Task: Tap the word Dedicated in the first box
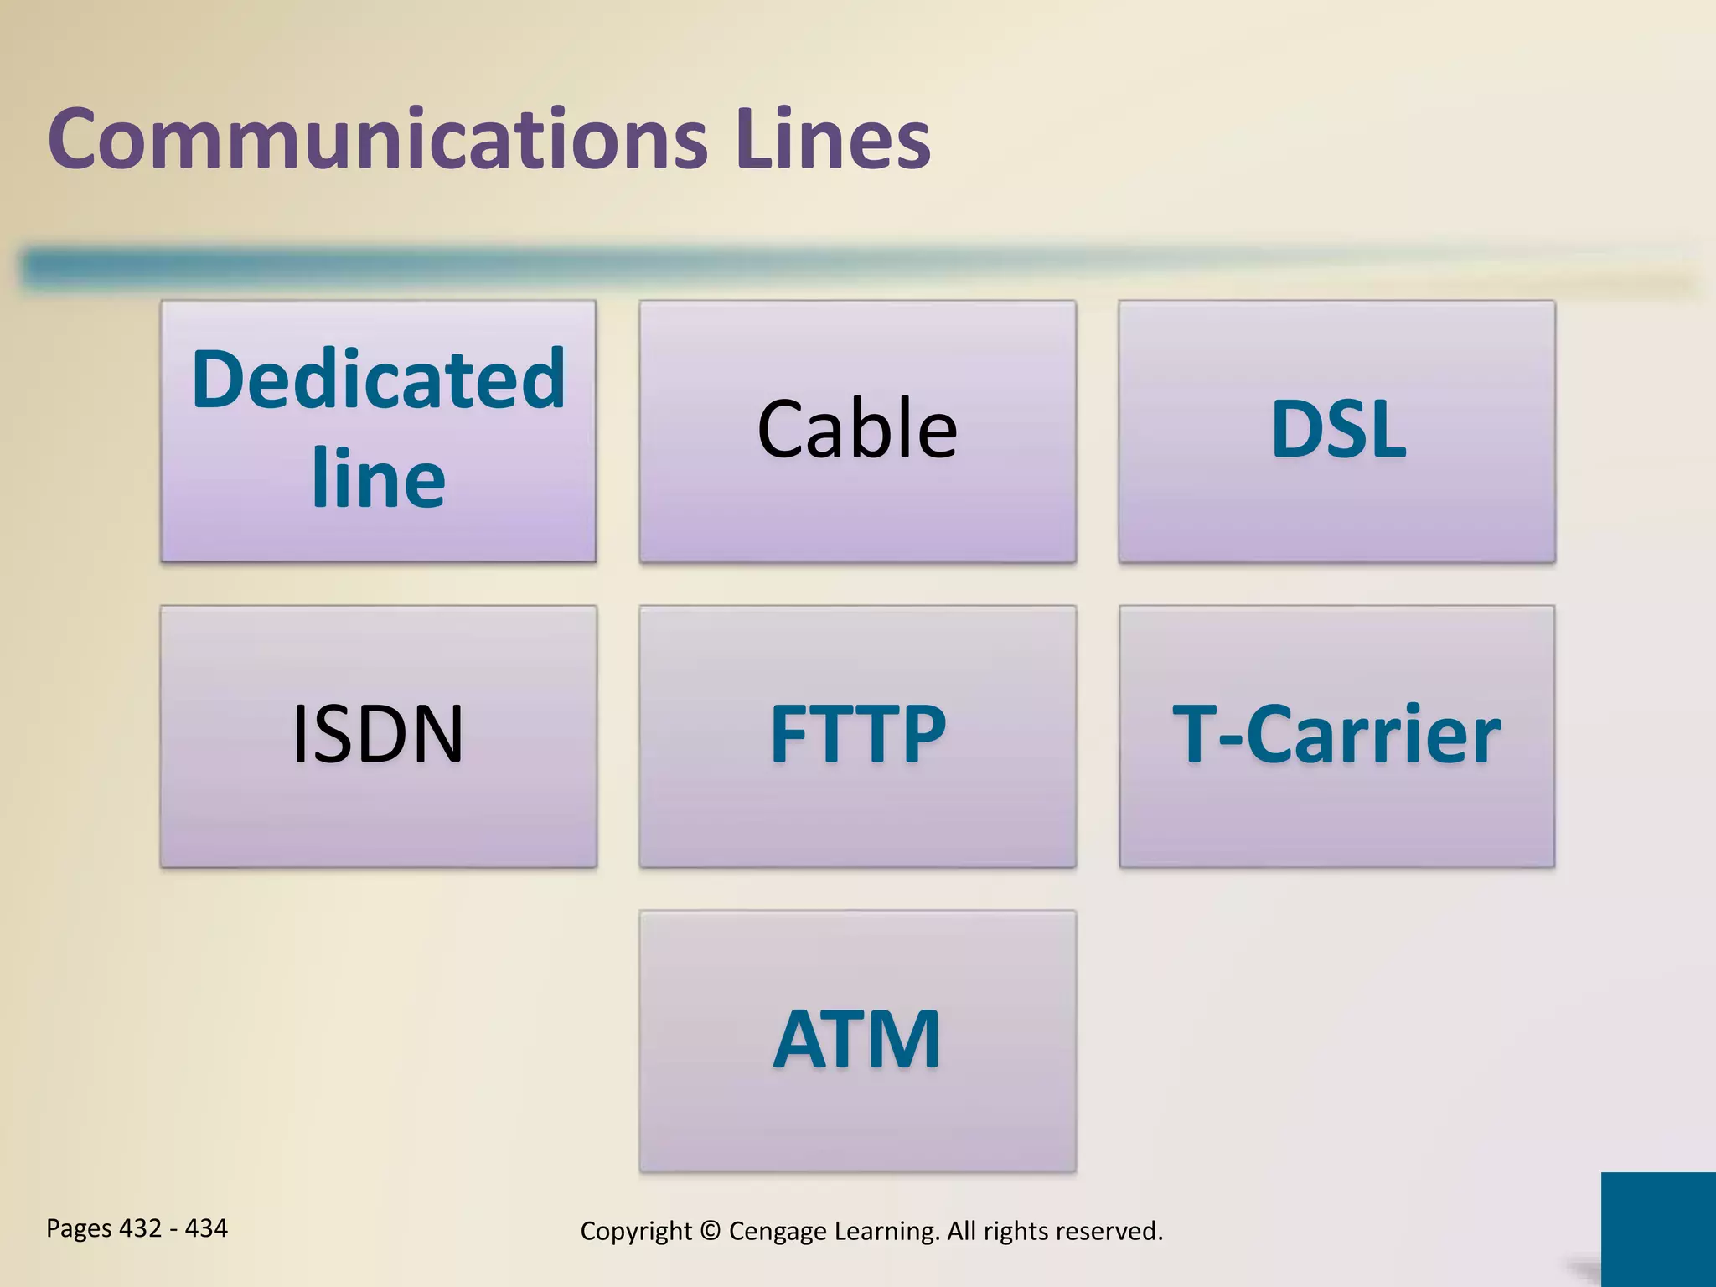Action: (379, 380)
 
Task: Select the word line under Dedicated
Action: (379, 479)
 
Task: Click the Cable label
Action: (857, 430)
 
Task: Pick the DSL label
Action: (1338, 430)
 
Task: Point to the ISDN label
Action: (378, 735)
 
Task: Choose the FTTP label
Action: (858, 735)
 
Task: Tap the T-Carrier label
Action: (1336, 735)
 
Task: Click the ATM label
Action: (857, 1040)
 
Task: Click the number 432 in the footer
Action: (140, 1228)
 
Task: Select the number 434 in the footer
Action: (206, 1228)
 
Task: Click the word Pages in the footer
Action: (79, 1229)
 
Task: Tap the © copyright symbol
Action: (710, 1231)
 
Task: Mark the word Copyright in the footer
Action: (636, 1232)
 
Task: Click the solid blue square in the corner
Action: (1658, 1228)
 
